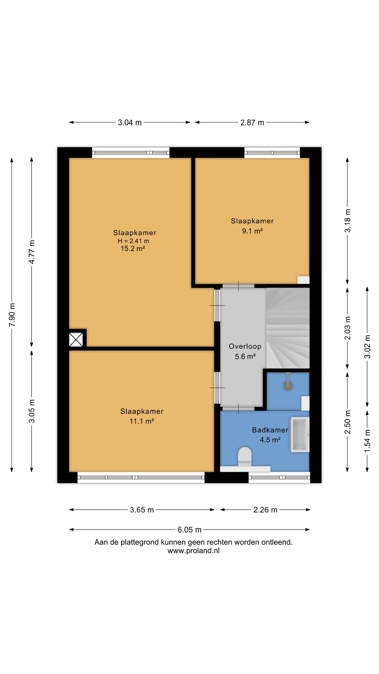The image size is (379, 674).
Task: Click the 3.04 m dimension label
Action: click(x=129, y=123)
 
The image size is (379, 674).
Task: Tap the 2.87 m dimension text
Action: click(x=252, y=123)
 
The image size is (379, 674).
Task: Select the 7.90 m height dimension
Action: click(x=12, y=315)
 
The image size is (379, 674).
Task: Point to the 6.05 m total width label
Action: click(x=189, y=530)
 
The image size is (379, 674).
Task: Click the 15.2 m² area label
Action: click(x=133, y=249)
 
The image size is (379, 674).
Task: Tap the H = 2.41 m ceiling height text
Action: click(x=133, y=241)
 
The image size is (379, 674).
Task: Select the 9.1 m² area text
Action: click(x=252, y=231)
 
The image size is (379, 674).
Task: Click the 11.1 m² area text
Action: click(x=142, y=421)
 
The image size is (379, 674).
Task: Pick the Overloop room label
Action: click(x=245, y=346)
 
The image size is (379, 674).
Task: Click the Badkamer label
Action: click(x=270, y=430)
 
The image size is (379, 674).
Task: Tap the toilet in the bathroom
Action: click(x=245, y=457)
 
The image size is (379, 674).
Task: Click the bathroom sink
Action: click(x=300, y=435)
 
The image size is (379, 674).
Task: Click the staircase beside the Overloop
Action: click(x=288, y=328)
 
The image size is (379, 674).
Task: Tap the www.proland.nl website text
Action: click(x=193, y=551)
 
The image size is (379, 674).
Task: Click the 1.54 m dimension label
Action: click(x=367, y=441)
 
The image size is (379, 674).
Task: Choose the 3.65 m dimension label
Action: click(x=142, y=510)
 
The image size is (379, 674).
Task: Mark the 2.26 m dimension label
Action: click(x=265, y=510)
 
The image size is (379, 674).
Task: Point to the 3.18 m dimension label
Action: click(x=347, y=220)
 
